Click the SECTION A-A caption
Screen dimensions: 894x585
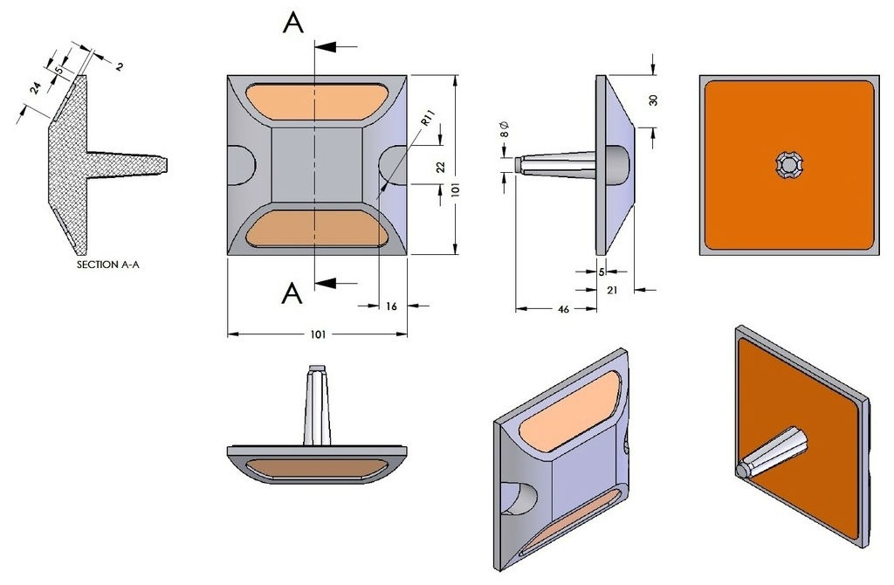(x=107, y=265)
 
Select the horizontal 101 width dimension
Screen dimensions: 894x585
(x=318, y=334)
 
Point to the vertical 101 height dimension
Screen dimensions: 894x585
(x=455, y=189)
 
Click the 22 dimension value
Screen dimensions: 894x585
(x=440, y=167)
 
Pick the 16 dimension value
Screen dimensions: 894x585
(x=391, y=306)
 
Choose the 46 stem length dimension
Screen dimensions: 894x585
(x=563, y=310)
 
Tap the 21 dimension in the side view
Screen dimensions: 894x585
(x=612, y=290)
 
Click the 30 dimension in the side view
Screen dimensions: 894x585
(x=653, y=100)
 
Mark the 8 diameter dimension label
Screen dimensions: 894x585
(x=505, y=129)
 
